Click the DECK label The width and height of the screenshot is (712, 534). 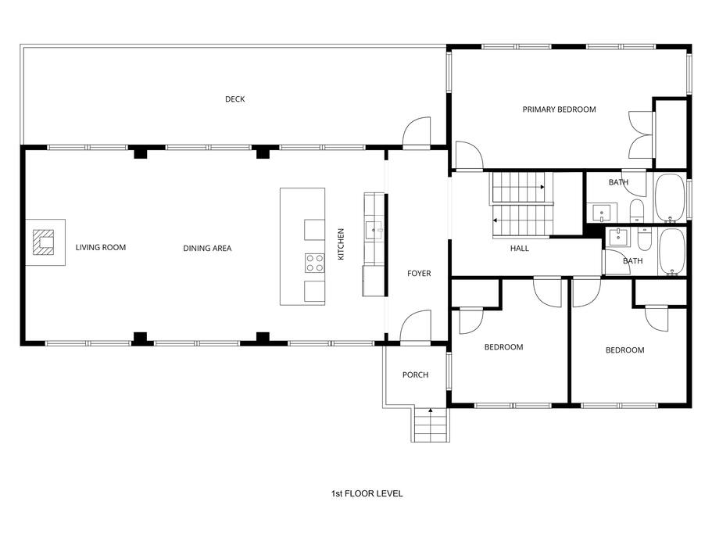tap(234, 99)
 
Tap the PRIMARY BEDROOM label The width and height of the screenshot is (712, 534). tap(559, 109)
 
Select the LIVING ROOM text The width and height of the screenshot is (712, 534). tap(100, 248)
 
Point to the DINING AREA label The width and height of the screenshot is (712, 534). tap(207, 249)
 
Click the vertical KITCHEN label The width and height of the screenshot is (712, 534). tap(341, 244)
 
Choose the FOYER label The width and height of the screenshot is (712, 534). tap(419, 274)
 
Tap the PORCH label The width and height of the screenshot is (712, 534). tap(415, 375)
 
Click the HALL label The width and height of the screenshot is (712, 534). tap(520, 249)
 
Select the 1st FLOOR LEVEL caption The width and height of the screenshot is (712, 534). tap(367, 493)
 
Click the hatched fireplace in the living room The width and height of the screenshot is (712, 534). tap(43, 242)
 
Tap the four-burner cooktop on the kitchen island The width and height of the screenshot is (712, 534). tap(314, 263)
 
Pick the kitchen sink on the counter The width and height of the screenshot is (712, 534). tap(374, 230)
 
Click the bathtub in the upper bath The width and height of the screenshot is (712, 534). tap(670, 198)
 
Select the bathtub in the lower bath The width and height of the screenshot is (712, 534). tap(671, 252)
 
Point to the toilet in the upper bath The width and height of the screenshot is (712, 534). tap(637, 210)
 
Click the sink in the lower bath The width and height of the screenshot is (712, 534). tap(617, 237)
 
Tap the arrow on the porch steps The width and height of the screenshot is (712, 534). tap(430, 411)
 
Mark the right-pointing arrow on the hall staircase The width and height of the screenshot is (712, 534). tap(542, 187)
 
